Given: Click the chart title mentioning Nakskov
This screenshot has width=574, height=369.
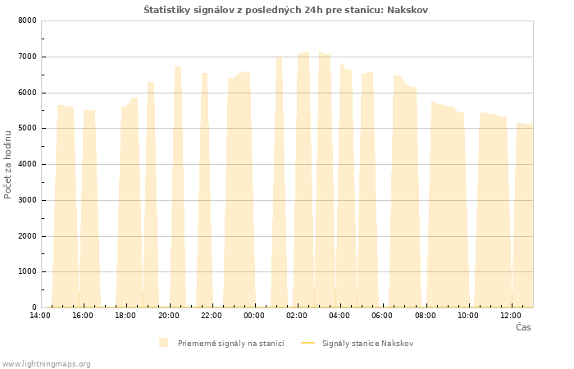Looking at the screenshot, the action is pyautogui.click(x=285, y=10).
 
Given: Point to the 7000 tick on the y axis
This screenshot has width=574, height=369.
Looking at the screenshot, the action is pyautogui.click(x=27, y=57).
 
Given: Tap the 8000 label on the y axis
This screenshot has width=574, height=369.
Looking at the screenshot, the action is pyautogui.click(x=27, y=20).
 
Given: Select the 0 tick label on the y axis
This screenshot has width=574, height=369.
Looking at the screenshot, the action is pyautogui.click(x=34, y=307).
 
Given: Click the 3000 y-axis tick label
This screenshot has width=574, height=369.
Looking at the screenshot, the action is pyautogui.click(x=27, y=200).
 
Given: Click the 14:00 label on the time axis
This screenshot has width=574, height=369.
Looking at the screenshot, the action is pyautogui.click(x=40, y=316).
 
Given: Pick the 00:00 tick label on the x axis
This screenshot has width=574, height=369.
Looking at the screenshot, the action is pyautogui.click(x=254, y=316).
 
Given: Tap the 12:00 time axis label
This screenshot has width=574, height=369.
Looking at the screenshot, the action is pyautogui.click(x=511, y=316).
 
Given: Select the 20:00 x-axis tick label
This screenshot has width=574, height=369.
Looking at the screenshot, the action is pyautogui.click(x=168, y=316).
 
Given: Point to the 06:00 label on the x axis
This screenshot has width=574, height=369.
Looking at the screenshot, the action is pyautogui.click(x=382, y=316).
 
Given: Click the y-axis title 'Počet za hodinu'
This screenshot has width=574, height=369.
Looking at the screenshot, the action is pyautogui.click(x=7, y=165).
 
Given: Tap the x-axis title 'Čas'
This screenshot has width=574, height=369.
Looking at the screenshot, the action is pyautogui.click(x=523, y=327).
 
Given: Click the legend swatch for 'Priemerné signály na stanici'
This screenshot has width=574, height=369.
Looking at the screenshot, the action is pyautogui.click(x=164, y=343).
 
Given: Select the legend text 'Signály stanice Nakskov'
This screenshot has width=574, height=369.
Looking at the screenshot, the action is pyautogui.click(x=368, y=344).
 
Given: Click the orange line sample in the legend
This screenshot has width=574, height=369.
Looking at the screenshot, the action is pyautogui.click(x=307, y=343).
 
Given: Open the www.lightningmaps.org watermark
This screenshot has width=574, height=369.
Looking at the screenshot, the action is pyautogui.click(x=46, y=364).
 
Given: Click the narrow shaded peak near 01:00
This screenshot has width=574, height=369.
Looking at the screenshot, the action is pyautogui.click(x=280, y=182).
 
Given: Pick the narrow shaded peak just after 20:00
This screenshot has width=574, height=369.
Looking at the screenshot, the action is pyautogui.click(x=178, y=187).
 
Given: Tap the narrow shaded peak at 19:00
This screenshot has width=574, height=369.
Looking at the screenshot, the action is pyautogui.click(x=151, y=195).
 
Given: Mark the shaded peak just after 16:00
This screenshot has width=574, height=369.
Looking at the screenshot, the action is pyautogui.click(x=89, y=208).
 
